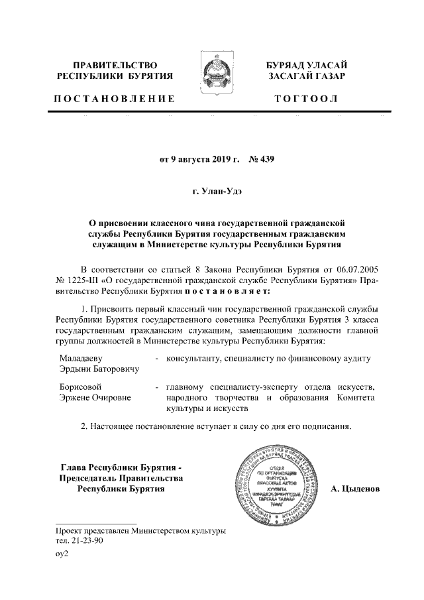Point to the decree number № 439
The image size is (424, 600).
click(x=261, y=159)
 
